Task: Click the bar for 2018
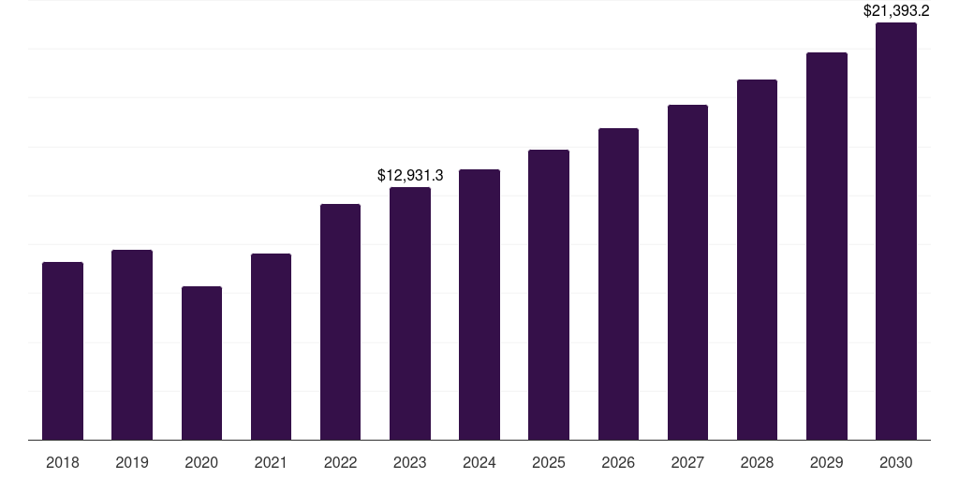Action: click(63, 351)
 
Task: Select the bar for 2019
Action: click(132, 344)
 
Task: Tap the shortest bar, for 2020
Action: click(201, 363)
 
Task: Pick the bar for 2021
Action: click(271, 346)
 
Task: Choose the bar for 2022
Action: click(340, 322)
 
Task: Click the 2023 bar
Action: click(410, 313)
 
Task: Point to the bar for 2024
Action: click(479, 304)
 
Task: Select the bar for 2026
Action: click(618, 283)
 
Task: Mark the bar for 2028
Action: click(757, 259)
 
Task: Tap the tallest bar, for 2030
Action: click(896, 231)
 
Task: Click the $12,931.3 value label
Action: click(410, 175)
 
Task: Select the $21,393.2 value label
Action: click(896, 11)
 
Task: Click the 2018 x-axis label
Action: click(63, 462)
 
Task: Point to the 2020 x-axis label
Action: click(201, 462)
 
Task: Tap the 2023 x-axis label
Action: click(410, 462)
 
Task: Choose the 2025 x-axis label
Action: click(549, 462)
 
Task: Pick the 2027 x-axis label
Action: click(687, 462)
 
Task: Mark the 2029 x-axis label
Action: click(827, 462)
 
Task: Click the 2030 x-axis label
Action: click(896, 462)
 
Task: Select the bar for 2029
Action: click(827, 246)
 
